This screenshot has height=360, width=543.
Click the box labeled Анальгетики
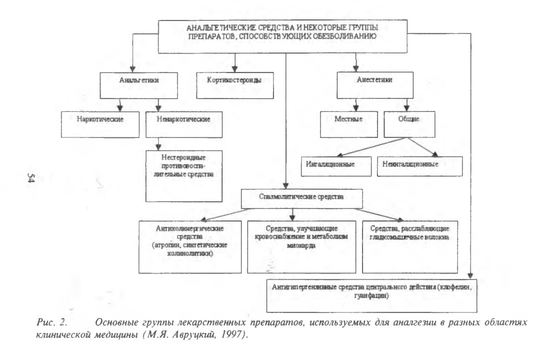pos(138,86)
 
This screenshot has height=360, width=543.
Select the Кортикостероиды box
pos(235,85)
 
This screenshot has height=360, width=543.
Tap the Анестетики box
pos(375,85)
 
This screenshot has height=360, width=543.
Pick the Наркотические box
pos(100,125)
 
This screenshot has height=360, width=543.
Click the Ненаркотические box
pos(184,125)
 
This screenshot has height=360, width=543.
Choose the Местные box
pos(349,125)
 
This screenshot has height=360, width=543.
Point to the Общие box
pos(410,125)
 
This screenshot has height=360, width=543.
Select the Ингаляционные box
pos(336,166)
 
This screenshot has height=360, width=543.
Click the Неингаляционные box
pos(420,166)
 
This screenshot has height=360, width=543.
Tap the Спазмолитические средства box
pos(302,198)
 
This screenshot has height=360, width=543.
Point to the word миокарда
pos(301,246)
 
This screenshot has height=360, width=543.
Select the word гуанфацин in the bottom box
pos(370,296)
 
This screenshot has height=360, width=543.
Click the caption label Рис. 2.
pos(51,322)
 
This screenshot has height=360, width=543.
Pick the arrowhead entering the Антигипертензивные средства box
pos(470,275)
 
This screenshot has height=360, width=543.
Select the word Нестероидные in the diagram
pos(183,158)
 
